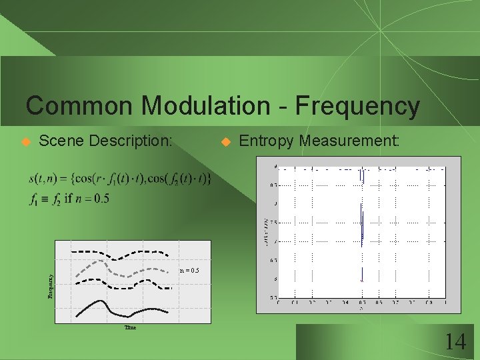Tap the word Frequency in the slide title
pos(357,105)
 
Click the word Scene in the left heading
pos(62,141)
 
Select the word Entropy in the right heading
pos(267,141)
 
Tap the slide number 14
pos(455,343)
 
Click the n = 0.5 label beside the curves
pos(189,271)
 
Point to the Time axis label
pos(131,328)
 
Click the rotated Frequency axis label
pos(49,283)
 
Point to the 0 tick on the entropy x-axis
pos(278,302)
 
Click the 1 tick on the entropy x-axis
pos(445,302)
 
